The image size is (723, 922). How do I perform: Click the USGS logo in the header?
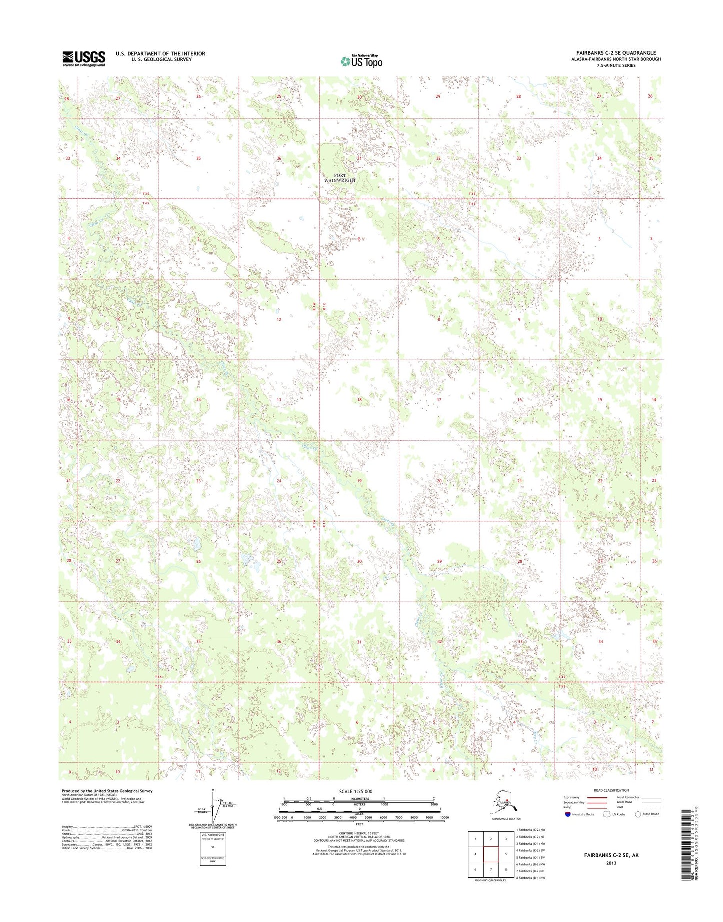(x=83, y=58)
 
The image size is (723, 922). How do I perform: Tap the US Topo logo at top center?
(x=361, y=61)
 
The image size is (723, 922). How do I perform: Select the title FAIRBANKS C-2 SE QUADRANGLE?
(x=616, y=53)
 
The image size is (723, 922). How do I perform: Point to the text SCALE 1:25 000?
(x=359, y=791)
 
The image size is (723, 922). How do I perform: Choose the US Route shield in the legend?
(x=607, y=814)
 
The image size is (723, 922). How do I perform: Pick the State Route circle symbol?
(x=638, y=814)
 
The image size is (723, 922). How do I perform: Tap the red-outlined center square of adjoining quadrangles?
(x=491, y=854)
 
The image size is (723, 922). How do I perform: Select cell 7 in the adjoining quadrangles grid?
(x=491, y=869)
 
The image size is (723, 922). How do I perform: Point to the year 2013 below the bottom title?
(x=611, y=863)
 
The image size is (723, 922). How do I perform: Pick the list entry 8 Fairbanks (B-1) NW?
(x=531, y=878)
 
